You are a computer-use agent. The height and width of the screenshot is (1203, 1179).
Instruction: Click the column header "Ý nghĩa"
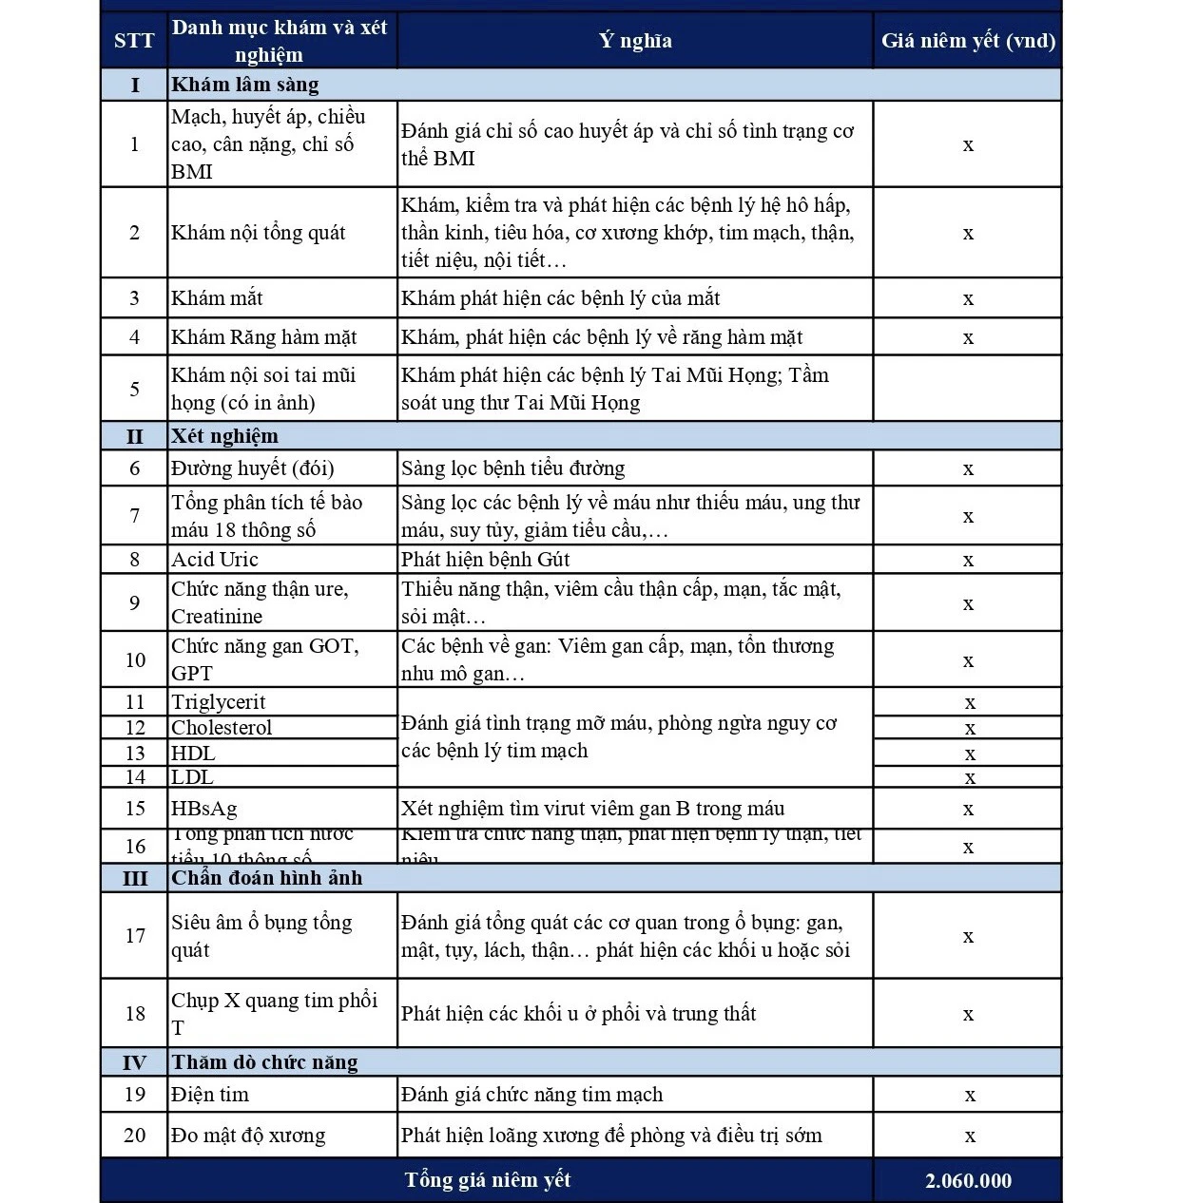635,41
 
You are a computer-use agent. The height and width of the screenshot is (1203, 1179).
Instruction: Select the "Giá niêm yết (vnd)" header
968,41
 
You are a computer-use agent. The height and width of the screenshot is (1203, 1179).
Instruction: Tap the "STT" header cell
134,41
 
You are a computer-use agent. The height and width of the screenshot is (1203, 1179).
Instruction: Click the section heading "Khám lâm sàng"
245,85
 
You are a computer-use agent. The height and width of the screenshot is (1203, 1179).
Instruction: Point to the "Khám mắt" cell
217,298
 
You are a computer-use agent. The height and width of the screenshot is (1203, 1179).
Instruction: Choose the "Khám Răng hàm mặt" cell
264,337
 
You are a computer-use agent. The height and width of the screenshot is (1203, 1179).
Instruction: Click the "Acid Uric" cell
215,560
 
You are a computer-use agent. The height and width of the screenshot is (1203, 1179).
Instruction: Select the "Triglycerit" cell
219,702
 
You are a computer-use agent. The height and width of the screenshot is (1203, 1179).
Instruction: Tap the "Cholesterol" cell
222,728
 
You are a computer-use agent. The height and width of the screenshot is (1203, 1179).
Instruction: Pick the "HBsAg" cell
204,809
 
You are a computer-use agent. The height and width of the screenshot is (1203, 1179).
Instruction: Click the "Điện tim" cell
210,1095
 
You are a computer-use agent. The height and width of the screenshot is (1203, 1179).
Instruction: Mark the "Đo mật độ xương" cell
248,1136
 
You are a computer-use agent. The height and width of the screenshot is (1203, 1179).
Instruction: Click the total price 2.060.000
968,1181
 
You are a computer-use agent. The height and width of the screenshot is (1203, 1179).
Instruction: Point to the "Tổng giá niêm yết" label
487,1180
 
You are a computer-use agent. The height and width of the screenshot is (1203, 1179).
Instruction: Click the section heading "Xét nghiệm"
225,436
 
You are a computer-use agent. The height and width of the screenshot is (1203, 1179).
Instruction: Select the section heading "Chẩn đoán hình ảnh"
267,878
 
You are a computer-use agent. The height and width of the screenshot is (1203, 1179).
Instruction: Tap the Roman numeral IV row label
134,1062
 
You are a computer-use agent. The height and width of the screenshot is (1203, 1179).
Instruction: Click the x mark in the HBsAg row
968,810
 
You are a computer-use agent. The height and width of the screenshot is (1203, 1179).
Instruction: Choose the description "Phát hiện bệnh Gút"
486,560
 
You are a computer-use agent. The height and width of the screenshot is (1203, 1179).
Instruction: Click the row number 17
135,936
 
